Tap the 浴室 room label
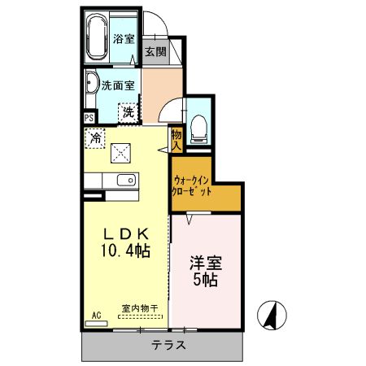(124, 38)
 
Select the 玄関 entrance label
(155, 51)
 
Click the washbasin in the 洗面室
(91, 84)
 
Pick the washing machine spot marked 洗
(128, 112)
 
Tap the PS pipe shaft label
(89, 117)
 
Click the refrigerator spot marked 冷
(96, 138)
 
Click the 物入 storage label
(176, 138)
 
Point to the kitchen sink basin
(124, 181)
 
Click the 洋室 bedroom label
(206, 263)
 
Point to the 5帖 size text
(206, 281)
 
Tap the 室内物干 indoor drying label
(140, 308)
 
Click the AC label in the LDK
(95, 315)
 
